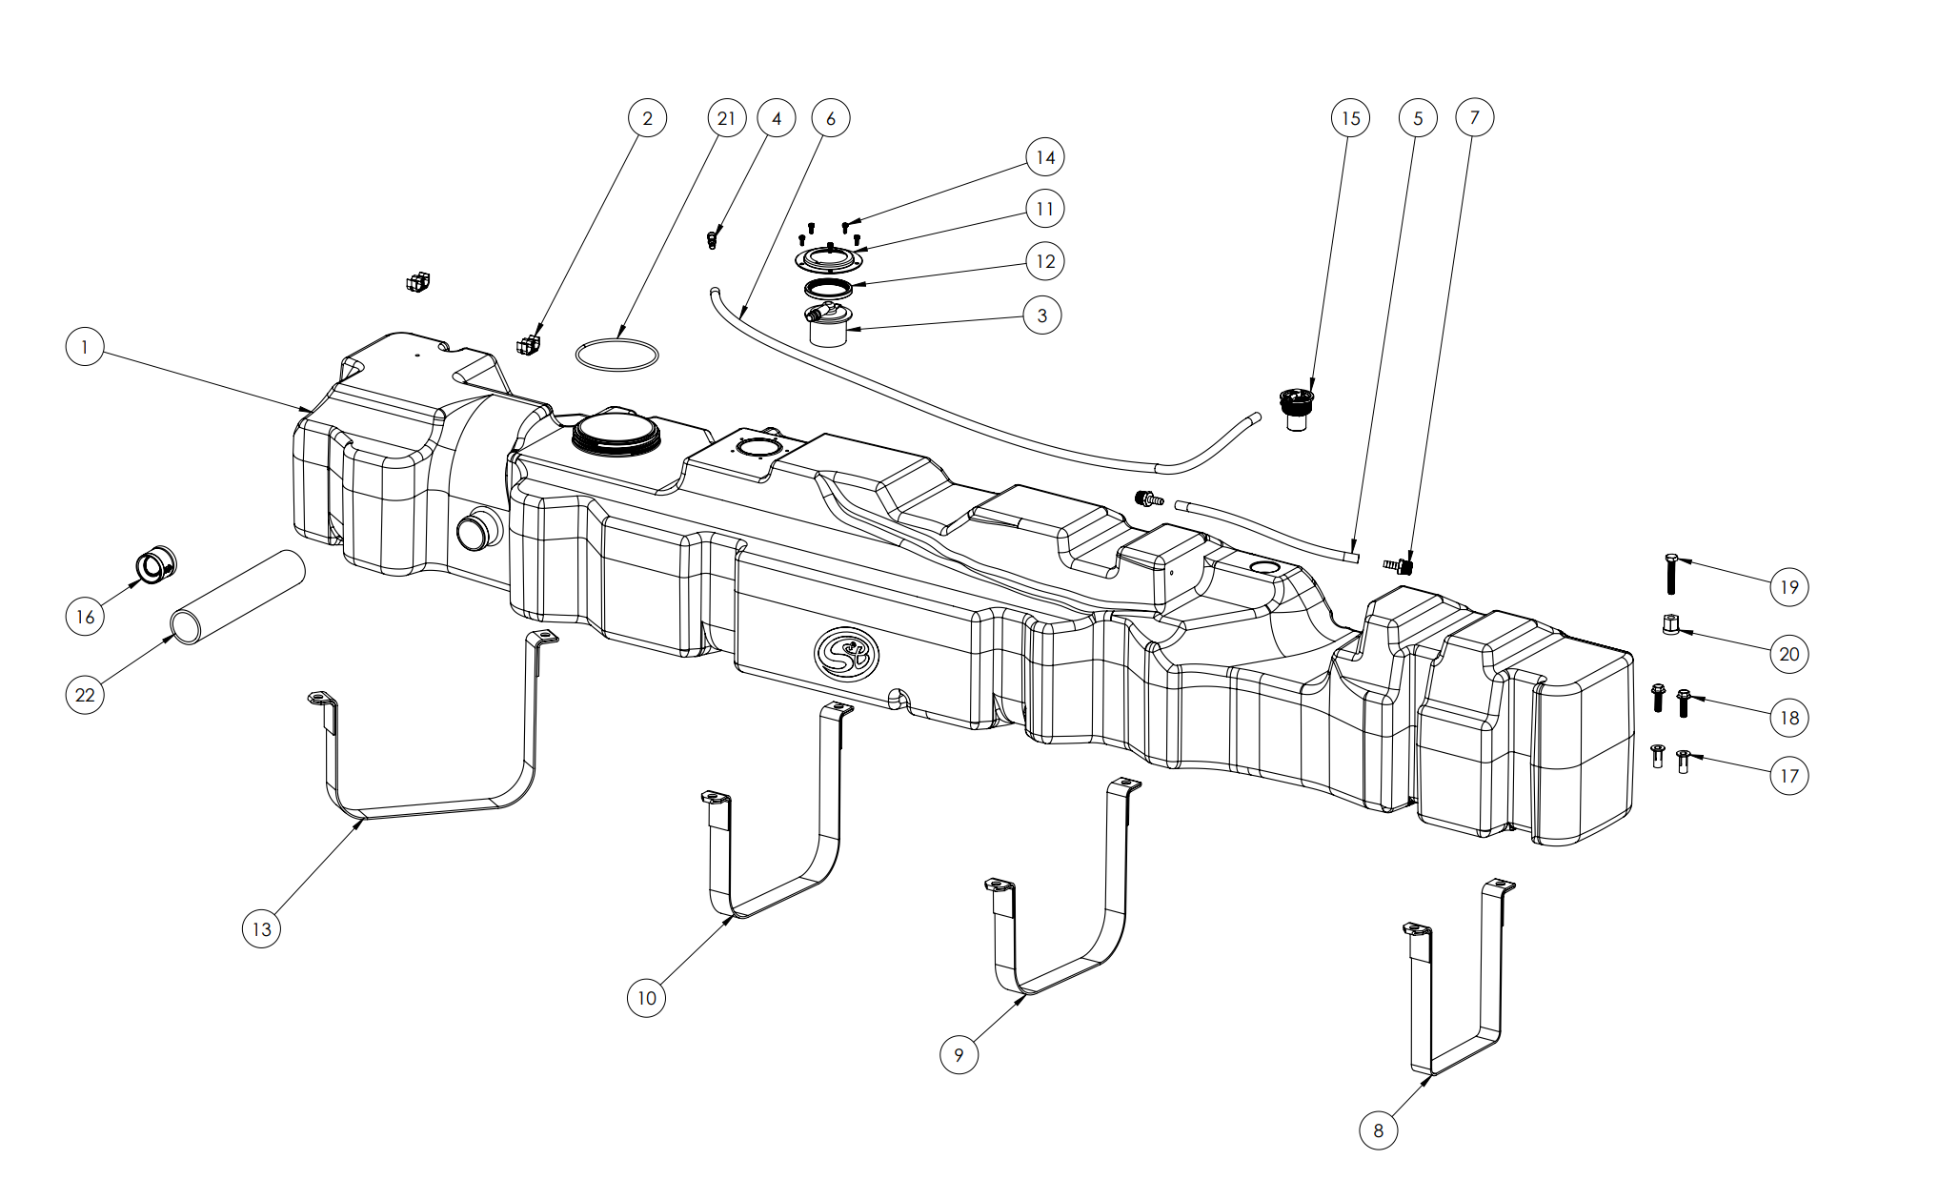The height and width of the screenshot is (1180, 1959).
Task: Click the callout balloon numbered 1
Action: pos(85,347)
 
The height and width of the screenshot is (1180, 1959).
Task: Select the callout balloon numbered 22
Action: pos(85,695)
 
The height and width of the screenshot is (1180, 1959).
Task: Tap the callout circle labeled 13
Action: pos(261,929)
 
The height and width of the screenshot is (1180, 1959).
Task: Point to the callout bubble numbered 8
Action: pos(1378,1130)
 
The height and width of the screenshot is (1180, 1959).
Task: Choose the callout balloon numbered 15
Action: pos(1350,118)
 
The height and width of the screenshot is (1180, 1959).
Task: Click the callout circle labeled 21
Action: pos(727,118)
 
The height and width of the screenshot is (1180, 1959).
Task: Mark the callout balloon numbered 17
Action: pos(1788,776)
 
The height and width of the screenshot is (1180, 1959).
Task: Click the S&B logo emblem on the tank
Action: pos(846,654)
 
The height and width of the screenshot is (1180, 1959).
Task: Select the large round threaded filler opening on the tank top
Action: pos(616,434)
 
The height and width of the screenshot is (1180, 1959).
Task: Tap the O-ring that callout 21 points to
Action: pos(616,354)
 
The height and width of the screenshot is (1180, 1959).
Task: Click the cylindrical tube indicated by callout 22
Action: pos(238,597)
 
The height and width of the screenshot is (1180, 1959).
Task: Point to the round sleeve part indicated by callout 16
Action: pos(155,565)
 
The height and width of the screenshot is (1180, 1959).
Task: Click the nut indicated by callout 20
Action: pos(1670,625)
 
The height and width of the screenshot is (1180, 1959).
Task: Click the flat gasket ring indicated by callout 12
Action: pos(828,288)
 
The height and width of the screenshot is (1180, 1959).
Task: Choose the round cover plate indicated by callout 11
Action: pos(829,258)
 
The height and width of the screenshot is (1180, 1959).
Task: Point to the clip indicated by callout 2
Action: pos(529,343)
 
